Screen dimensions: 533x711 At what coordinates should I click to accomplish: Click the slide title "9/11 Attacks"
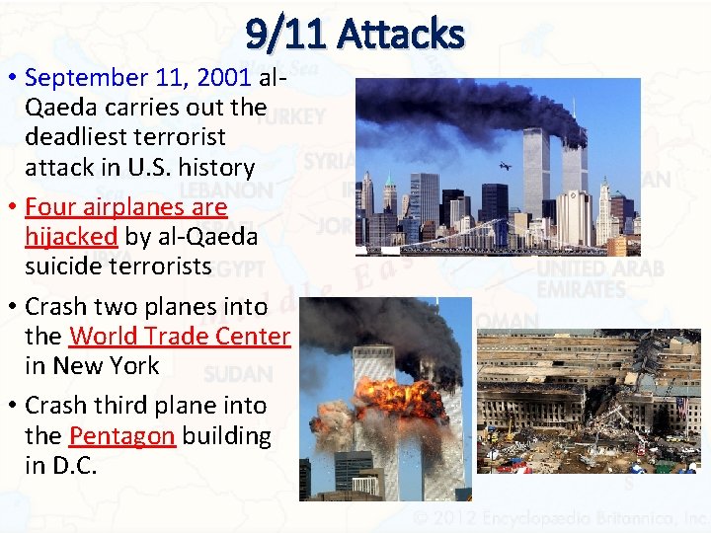[355, 35]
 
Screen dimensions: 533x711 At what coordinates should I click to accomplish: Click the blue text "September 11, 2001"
[139, 77]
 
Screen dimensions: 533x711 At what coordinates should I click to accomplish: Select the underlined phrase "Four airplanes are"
[125, 207]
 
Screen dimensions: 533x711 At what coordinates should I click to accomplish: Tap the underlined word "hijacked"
[71, 237]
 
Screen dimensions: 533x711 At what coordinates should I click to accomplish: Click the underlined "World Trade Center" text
[179, 337]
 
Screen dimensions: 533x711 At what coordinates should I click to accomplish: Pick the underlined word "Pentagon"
[121, 435]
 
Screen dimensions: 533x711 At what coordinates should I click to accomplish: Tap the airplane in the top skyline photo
[505, 166]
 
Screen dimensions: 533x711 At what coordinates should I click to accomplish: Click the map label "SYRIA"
[327, 161]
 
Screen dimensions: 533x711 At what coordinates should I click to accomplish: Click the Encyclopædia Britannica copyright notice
[559, 517]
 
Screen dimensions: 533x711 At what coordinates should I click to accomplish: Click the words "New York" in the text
[107, 365]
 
